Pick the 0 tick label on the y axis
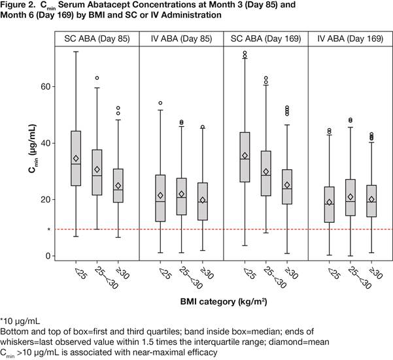[45, 256]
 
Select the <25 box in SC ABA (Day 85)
[76, 158]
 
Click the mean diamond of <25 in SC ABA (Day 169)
[245, 155]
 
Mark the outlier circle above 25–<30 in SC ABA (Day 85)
[97, 78]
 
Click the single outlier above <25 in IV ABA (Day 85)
[160, 103]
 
